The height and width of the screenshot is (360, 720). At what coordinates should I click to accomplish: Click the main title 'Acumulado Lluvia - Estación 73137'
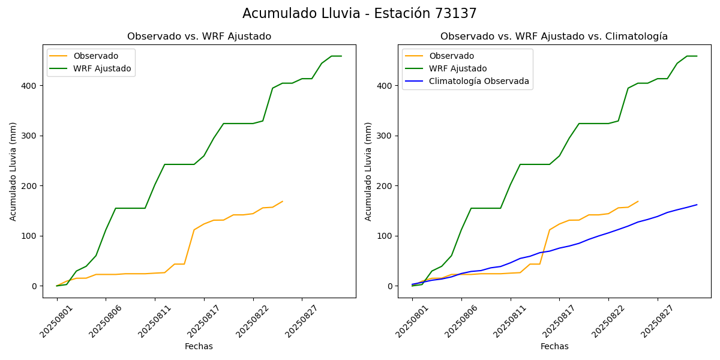[359, 14]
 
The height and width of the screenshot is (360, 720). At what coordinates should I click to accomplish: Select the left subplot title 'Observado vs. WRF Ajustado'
[199, 37]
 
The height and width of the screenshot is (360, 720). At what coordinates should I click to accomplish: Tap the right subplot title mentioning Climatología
[554, 37]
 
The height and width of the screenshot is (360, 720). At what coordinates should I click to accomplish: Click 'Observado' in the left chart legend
[95, 56]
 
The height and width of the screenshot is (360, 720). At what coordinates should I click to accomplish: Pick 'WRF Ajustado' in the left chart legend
[102, 68]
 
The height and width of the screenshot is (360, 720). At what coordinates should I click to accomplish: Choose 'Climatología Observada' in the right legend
[479, 81]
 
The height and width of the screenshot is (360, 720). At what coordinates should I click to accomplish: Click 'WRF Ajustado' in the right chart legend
[458, 68]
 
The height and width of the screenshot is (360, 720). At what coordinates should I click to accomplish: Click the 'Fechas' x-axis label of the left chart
[199, 346]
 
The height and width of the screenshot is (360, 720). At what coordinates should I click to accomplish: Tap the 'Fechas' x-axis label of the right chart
[554, 346]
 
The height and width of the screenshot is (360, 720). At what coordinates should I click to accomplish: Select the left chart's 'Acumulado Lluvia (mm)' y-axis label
[13, 171]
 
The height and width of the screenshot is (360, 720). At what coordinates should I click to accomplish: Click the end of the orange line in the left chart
[282, 202]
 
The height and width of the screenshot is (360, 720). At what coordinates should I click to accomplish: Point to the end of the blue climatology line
[697, 205]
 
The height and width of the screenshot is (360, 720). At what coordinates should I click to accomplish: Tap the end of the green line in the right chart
[697, 56]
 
